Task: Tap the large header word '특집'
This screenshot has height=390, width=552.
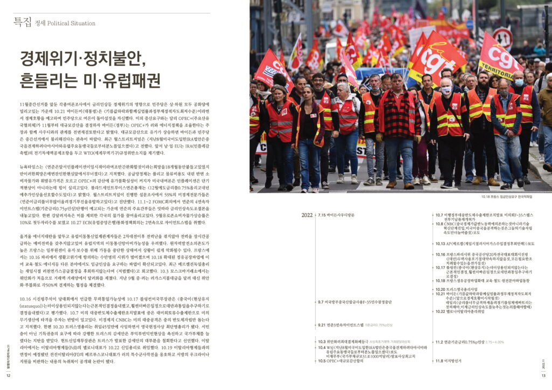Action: click(23, 22)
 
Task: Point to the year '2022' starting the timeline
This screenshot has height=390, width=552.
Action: click(307, 215)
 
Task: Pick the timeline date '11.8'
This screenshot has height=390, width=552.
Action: click(439, 376)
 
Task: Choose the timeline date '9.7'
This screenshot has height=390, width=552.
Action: click(321, 302)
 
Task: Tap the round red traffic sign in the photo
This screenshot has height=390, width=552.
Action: click(502, 38)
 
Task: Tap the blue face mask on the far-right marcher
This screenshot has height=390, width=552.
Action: click(519, 83)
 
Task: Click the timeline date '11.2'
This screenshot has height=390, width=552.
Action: click(440, 342)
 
